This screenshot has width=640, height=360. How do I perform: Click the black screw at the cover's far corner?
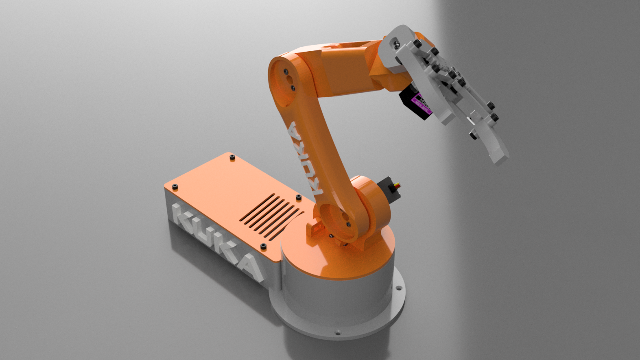click(232, 157)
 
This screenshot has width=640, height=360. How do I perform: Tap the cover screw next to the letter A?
click(263, 247)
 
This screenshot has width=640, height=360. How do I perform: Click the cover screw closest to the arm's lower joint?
click(298, 197)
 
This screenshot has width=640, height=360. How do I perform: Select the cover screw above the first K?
click(175, 187)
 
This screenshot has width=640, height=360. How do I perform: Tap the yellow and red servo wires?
click(397, 188)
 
